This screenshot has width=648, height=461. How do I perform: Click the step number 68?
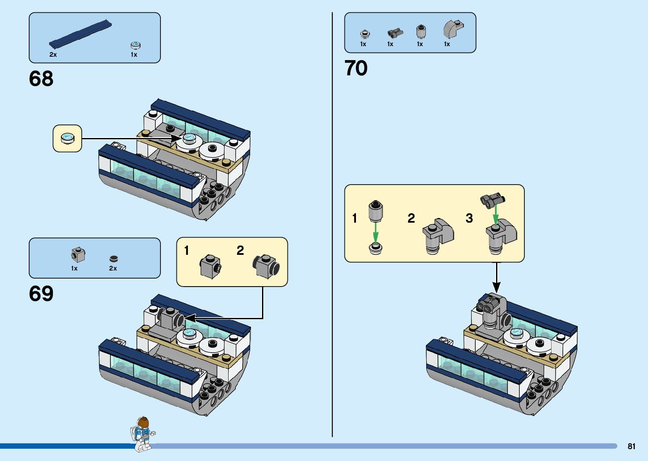pos(41,79)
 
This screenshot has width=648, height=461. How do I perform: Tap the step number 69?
pos(41,293)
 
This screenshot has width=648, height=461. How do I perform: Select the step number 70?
pos(356,68)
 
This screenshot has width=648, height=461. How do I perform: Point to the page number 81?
pos(631,446)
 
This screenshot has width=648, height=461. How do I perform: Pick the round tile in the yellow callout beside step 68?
pos(67,138)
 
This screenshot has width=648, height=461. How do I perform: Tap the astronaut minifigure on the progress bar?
pos(143,433)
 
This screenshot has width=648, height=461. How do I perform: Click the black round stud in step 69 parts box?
pos(113,259)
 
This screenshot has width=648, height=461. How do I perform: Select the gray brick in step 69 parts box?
pos(78,255)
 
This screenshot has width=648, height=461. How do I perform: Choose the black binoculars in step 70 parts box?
pos(395,33)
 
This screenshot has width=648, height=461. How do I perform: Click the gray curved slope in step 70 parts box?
pos(452,29)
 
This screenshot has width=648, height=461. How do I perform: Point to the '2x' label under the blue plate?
pos(53,55)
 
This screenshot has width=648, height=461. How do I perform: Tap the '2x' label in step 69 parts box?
pos(113,268)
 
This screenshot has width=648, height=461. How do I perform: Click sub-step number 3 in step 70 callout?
pos(469,218)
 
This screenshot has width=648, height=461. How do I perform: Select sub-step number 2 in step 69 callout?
pos(240,250)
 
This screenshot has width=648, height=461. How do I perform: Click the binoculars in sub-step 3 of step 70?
pos(493,199)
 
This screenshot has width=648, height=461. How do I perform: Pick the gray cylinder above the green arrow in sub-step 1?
pos(375,211)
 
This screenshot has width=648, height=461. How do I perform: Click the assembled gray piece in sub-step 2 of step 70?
pos(438,236)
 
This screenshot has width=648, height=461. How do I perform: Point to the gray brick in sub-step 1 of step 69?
pos(210,266)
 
